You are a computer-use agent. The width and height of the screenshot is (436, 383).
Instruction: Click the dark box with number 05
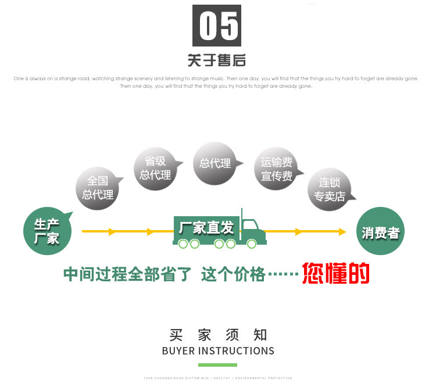pyautogui.click(x=217, y=26)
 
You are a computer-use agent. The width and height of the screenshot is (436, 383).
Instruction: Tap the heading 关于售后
pyautogui.click(x=217, y=60)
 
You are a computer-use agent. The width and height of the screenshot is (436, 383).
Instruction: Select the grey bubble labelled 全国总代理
pyautogui.click(x=98, y=187)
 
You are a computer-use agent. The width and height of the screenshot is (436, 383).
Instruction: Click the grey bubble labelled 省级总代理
pyautogui.click(x=156, y=167)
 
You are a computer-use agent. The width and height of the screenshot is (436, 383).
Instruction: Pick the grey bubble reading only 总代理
pyautogui.click(x=215, y=164)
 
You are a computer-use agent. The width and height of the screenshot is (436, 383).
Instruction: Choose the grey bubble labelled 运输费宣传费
pyautogui.click(x=276, y=169)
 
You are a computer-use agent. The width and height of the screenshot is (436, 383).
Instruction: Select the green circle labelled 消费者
pyautogui.click(x=380, y=232)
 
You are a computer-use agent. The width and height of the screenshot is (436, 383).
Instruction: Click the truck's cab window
pyautogui.click(x=250, y=226)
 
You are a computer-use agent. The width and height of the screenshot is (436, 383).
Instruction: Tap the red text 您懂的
pyautogui.click(x=336, y=273)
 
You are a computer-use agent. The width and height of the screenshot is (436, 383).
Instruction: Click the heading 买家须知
pyautogui.click(x=218, y=335)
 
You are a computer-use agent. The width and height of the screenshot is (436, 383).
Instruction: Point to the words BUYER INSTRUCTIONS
pyautogui.click(x=218, y=350)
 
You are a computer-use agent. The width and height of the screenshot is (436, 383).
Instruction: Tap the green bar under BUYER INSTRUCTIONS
pyautogui.click(x=218, y=364)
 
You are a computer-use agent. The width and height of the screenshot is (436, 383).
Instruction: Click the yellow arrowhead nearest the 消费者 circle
pyautogui.click(x=342, y=231)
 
